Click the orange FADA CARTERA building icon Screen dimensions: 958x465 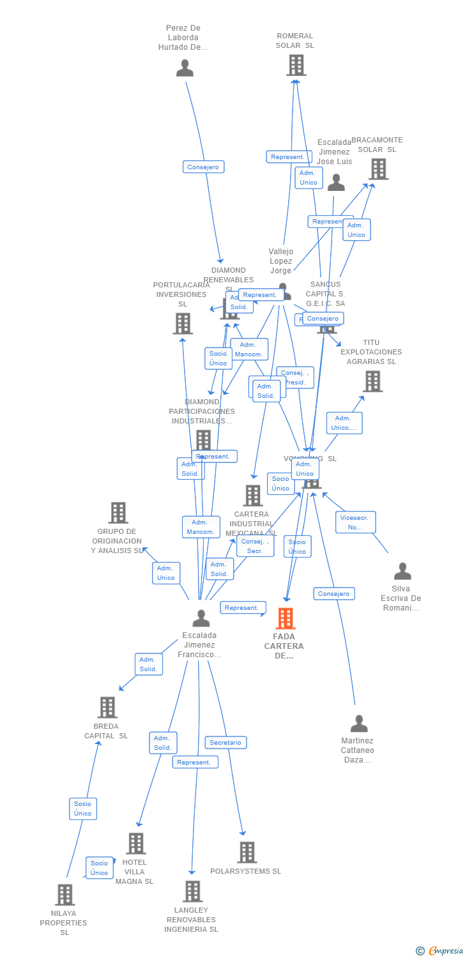tap(285, 618)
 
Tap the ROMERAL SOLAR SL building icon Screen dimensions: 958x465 tap(296, 65)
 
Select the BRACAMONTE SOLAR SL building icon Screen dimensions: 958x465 tap(378, 169)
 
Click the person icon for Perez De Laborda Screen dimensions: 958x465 tap(185, 68)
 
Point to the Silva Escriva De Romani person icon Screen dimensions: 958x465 tap(402, 571)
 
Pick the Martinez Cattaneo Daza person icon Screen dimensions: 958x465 tap(359, 724)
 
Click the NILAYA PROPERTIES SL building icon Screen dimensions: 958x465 tap(65, 895)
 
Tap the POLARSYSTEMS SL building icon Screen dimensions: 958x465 tap(247, 852)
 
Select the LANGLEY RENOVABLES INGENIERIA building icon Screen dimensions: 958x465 tap(192, 891)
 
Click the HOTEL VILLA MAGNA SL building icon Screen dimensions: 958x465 tap(135, 843)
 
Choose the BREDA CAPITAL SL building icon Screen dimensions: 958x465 tap(107, 707)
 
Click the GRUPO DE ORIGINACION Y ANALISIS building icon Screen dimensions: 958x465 tap(118, 512)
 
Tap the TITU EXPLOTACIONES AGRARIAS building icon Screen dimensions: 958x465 tap(372, 381)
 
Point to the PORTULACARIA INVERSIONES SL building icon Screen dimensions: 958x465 tap(183, 323)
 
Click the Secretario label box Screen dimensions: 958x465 tap(225, 743)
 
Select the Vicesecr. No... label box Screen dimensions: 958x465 tap(355, 522)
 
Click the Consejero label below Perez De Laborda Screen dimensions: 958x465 tap(203, 167)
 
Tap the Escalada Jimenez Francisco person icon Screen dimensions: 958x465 tap(201, 618)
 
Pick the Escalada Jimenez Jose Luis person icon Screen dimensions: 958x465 tap(336, 183)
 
